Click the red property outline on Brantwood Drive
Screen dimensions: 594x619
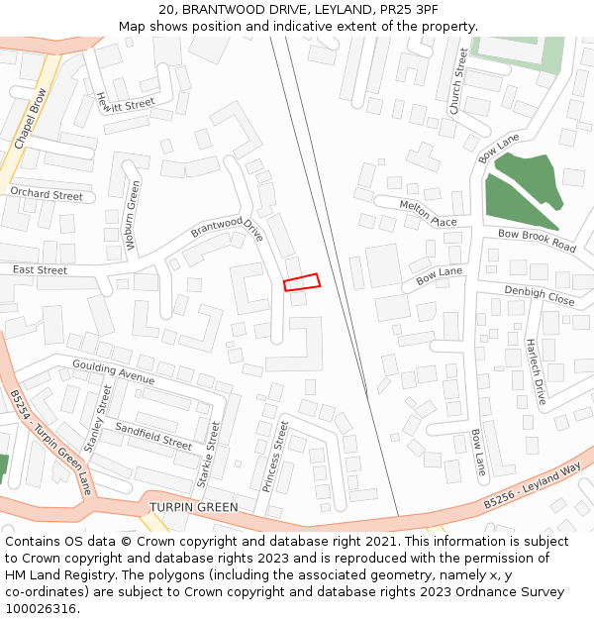[x=302, y=282]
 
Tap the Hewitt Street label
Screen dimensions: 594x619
[x=126, y=102]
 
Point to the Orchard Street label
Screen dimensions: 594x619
[x=47, y=195]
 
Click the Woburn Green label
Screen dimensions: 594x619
[x=134, y=216]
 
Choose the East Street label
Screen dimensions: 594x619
[x=40, y=269]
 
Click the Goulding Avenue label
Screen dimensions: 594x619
[x=113, y=372]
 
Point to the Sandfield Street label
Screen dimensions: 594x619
[x=153, y=436]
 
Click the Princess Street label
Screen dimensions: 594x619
[x=275, y=457]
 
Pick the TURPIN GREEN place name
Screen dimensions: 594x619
[x=194, y=507]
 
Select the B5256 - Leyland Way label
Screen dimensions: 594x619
[x=532, y=488]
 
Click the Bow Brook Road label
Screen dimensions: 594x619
[x=537, y=240]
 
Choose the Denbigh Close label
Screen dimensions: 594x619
[x=539, y=295]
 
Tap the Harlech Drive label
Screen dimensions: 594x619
[x=536, y=372]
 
